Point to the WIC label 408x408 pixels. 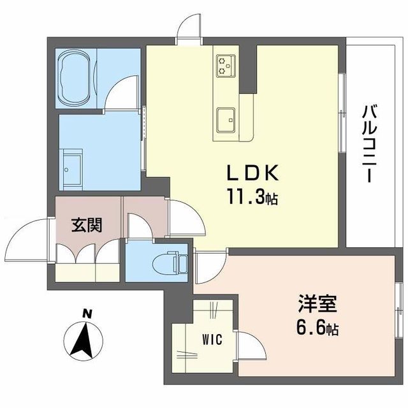(213, 340)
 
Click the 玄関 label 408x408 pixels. (86, 226)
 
